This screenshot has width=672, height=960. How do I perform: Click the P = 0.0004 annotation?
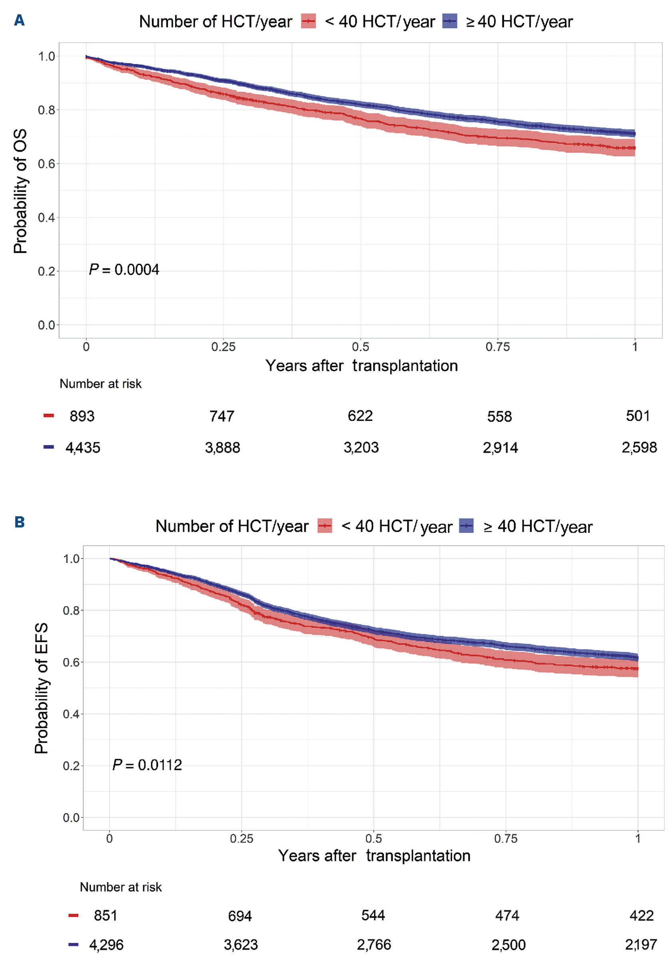click(124, 270)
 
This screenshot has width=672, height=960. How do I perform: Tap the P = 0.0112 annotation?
click(147, 765)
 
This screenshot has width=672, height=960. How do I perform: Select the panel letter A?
click(19, 20)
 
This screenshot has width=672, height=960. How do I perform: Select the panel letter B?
click(19, 522)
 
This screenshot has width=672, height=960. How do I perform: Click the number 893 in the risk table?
click(82, 416)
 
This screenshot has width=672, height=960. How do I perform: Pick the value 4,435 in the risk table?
click(83, 448)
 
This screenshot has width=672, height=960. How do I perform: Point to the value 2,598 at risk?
click(639, 448)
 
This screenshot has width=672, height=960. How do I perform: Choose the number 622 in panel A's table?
click(360, 416)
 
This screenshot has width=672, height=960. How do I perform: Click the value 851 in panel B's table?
click(105, 916)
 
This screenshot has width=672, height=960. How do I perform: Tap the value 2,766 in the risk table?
click(374, 944)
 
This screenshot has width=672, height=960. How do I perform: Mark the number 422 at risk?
click(641, 916)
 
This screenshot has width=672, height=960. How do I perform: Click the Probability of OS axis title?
click(20, 191)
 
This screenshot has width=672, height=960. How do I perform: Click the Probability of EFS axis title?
click(42, 688)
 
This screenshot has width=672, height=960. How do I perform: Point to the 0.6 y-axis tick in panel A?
click(46, 164)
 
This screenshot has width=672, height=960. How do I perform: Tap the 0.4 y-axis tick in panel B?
click(71, 714)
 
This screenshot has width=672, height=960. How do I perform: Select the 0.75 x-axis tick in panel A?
click(497, 347)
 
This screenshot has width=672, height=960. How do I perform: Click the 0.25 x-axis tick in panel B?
click(241, 838)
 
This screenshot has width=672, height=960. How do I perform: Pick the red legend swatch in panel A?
click(309, 21)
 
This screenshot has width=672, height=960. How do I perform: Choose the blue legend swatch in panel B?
click(466, 526)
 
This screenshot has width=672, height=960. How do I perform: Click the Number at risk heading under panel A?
click(100, 384)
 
